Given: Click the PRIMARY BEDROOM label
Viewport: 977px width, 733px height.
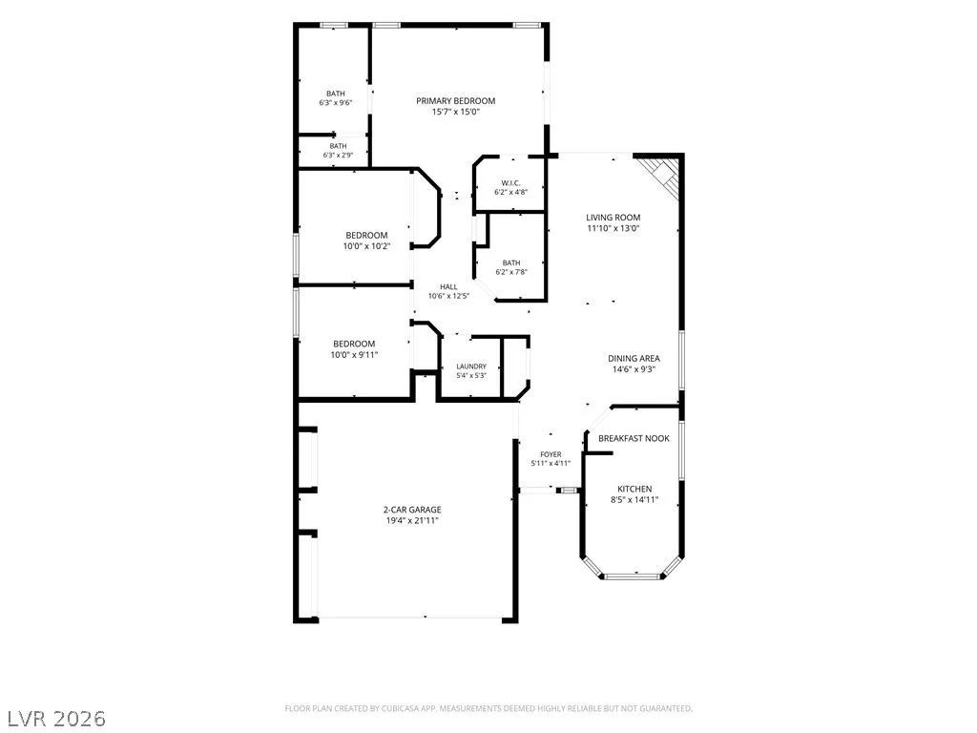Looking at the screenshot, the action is click(455, 101).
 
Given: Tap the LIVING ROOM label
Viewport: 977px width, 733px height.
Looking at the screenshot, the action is click(613, 218).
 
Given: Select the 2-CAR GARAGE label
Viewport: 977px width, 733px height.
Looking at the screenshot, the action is click(412, 510).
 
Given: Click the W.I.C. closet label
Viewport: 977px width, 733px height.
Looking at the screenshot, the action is click(510, 183).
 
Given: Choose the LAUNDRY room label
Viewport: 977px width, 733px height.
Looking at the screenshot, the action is click(471, 366).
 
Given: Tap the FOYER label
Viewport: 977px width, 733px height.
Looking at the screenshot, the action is click(551, 454).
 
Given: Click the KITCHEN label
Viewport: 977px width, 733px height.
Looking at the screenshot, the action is click(634, 490).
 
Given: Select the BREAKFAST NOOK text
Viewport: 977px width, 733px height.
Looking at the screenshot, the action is click(634, 438).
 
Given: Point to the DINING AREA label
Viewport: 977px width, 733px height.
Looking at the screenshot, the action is click(634, 359).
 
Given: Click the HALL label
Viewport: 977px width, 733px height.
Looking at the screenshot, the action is click(448, 286).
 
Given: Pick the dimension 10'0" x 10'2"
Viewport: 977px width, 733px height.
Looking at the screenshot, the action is click(366, 246).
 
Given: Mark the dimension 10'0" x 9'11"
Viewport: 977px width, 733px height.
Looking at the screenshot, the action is click(354, 355).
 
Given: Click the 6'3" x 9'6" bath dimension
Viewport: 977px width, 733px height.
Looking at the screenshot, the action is click(336, 103).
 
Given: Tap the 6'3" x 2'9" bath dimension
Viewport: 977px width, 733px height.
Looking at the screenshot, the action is click(339, 155).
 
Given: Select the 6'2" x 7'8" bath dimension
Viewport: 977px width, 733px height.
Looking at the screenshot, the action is click(511, 272).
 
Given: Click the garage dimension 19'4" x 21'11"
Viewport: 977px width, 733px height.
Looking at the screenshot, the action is click(412, 520).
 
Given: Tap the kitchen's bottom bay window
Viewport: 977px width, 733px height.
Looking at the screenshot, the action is click(633, 576).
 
